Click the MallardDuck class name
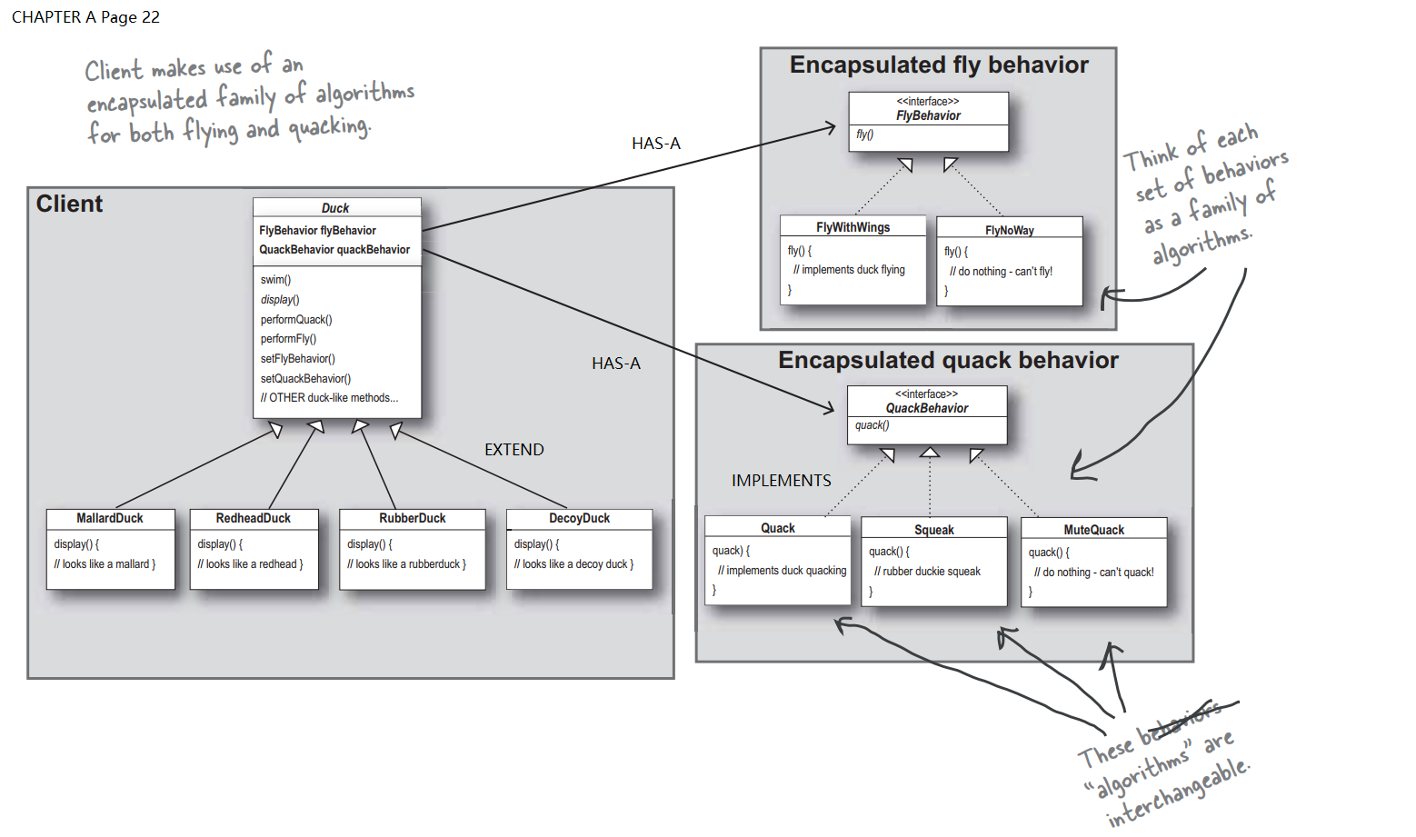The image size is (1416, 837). pyautogui.click(x=110, y=518)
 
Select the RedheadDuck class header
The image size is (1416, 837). pyautogui.click(x=253, y=518)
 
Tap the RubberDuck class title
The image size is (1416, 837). pyautogui.click(x=412, y=518)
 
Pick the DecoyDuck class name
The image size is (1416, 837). pyautogui.click(x=579, y=518)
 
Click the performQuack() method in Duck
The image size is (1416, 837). pyautogui.click(x=296, y=320)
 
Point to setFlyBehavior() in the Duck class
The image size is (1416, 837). pyautogui.click(x=297, y=359)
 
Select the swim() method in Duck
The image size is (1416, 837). pyautogui.click(x=275, y=280)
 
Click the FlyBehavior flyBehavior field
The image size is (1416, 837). pyautogui.click(x=317, y=231)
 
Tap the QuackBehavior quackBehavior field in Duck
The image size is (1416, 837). pyautogui.click(x=334, y=250)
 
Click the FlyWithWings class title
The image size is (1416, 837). pyautogui.click(x=853, y=227)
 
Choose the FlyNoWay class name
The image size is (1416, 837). pyautogui.click(x=1009, y=230)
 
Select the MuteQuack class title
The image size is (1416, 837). pyautogui.click(x=1093, y=530)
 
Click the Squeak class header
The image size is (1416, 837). pyautogui.click(x=933, y=530)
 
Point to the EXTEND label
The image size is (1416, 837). pyautogui.click(x=514, y=450)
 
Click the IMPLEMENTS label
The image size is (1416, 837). pyautogui.click(x=781, y=481)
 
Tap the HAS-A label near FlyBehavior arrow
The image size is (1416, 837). pyautogui.click(x=655, y=144)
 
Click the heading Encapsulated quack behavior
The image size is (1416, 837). pyautogui.click(x=948, y=361)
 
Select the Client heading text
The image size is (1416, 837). pyautogui.click(x=69, y=204)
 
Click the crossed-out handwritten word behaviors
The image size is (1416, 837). pyautogui.click(x=1182, y=721)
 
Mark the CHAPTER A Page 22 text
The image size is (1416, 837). pyautogui.click(x=85, y=17)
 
